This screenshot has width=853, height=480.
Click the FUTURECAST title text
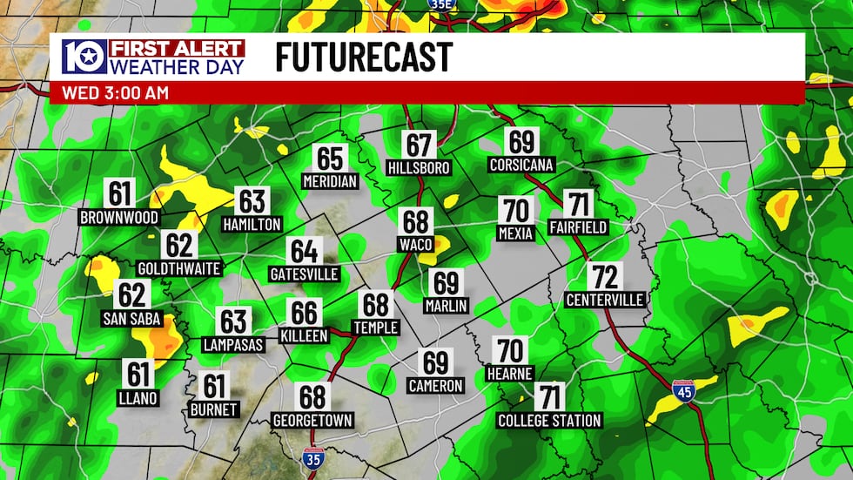coord(364,57)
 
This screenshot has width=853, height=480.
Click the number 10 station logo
coord(84,57)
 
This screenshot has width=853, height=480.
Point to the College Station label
coord(549,421)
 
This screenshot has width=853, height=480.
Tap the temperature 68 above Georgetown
coord(312,397)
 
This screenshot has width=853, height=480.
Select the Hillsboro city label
coord(419,166)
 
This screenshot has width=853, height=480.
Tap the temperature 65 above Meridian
coord(331,159)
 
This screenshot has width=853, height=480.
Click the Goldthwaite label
coord(179,268)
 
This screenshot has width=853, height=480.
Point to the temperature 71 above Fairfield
coord(577,205)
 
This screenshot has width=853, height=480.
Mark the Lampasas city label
coord(234,344)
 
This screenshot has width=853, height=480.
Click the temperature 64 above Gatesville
coord(304,252)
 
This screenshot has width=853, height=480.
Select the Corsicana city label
coord(521,164)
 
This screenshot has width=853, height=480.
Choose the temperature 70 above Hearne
coord(511,351)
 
